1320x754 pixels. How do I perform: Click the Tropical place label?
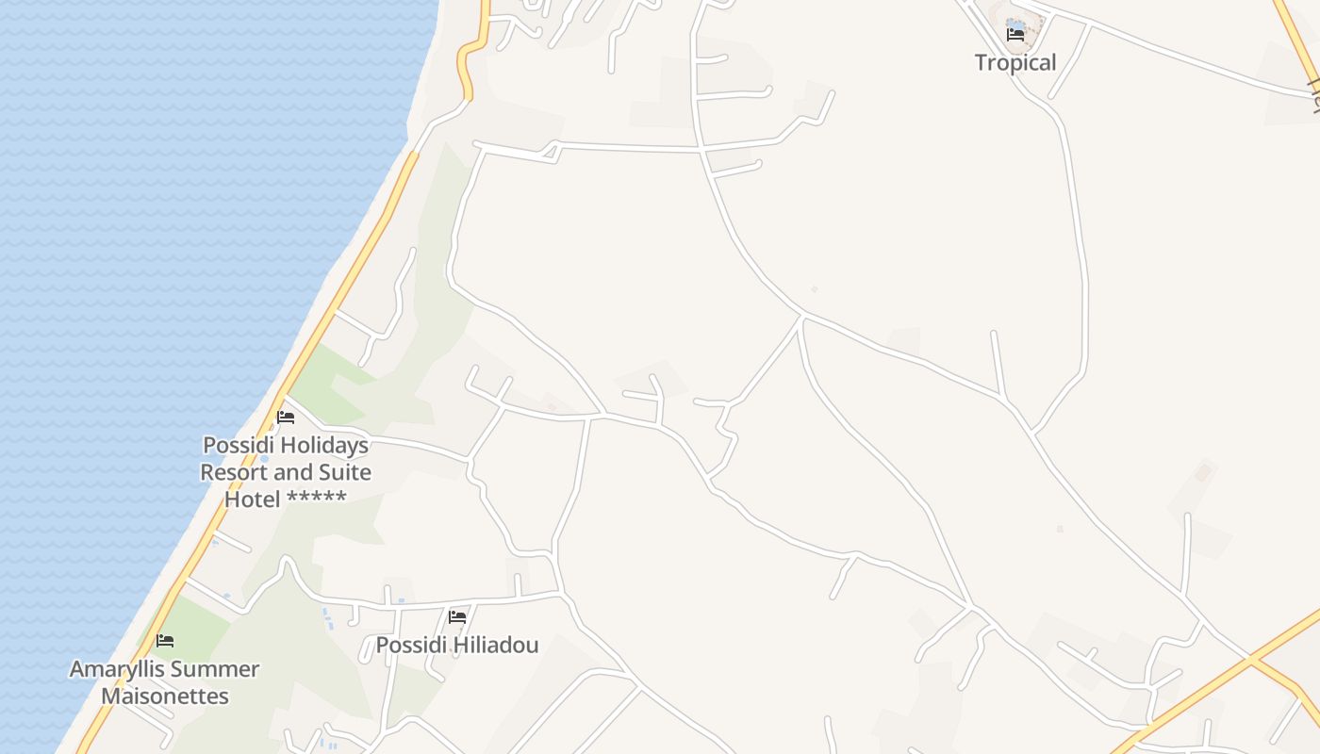coord(1015,63)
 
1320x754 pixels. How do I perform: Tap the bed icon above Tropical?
coord(1015,35)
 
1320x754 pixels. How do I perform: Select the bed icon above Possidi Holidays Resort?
coord(286,417)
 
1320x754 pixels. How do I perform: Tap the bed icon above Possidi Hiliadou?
coord(457,617)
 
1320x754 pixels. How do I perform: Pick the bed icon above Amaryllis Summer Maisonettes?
coord(165,641)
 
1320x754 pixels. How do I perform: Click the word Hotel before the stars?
coord(253,500)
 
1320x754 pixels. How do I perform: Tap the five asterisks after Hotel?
coord(317,498)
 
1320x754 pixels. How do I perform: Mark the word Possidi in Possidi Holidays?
coord(234,445)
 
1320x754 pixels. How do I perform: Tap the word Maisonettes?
coord(165,697)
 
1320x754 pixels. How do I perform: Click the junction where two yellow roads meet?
coord(1251,657)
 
